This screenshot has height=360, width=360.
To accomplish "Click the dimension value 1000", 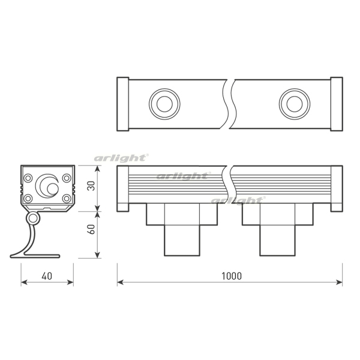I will pyautogui.click(x=231, y=276).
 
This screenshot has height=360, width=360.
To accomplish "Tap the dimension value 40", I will pyautogui.click(x=47, y=276).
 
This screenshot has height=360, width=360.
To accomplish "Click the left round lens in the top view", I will pyautogui.click(x=163, y=103).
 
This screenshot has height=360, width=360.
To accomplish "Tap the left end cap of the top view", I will pyautogui.click(x=122, y=103).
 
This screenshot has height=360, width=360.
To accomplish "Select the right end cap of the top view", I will pyautogui.click(x=337, y=103).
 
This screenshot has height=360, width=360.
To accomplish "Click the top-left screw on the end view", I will pyautogui.click(x=28, y=178).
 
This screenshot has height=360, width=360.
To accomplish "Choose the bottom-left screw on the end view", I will pyautogui.click(x=28, y=198).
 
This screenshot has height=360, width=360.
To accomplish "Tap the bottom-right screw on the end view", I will pyautogui.click(x=67, y=198).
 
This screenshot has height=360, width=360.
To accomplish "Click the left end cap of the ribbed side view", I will pyautogui.click(x=122, y=189).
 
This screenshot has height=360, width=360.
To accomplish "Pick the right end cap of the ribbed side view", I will pyautogui.click(x=337, y=189).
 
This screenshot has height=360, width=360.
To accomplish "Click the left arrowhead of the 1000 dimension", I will pyautogui.click(x=120, y=281).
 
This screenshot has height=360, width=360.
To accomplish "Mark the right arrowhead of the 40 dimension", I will pyautogui.click(x=71, y=281).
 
